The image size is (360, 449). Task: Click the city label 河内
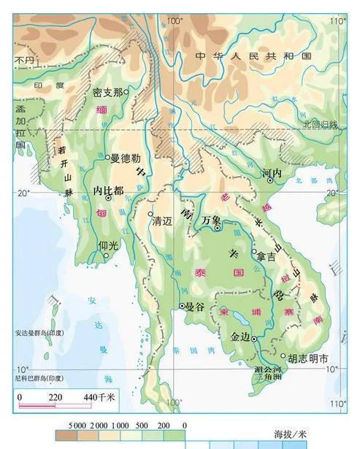point(272,174)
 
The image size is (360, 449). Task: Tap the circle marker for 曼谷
point(182,306)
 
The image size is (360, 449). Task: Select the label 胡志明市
point(308,358)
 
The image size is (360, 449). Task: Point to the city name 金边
point(240,337)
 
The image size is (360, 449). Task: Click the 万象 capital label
point(211,219)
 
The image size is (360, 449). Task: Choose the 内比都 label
point(108,188)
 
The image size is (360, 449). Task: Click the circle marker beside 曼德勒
point(107,157)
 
